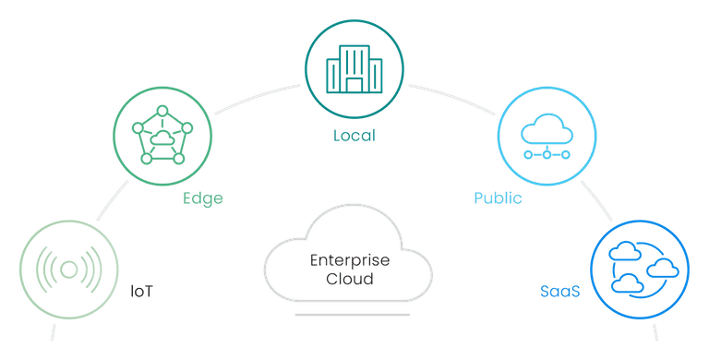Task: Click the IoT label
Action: pyautogui.click(x=141, y=292)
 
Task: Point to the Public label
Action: pyautogui.click(x=498, y=198)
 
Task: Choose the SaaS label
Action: pyautogui.click(x=560, y=292)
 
